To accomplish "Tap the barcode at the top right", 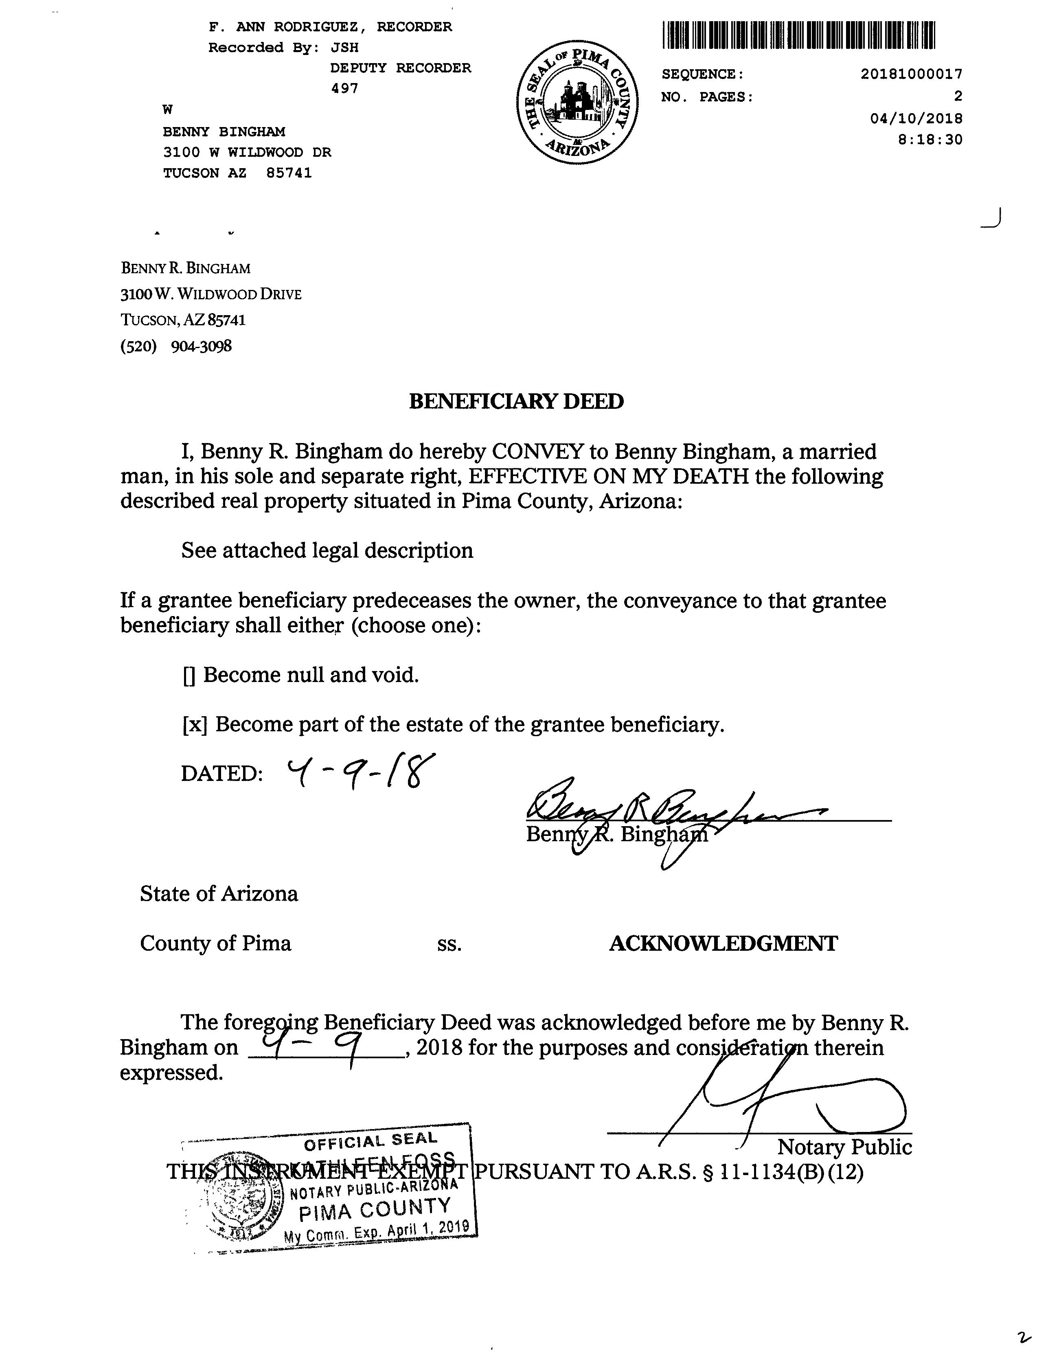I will (x=799, y=35).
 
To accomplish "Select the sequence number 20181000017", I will (x=911, y=74).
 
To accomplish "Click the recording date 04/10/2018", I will (x=916, y=118).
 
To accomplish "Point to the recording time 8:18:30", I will (x=930, y=140).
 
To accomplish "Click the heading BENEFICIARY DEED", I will (x=516, y=402).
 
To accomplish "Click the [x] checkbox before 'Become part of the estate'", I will (x=195, y=725).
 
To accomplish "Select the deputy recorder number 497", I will (x=344, y=88).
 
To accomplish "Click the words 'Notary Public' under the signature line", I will (x=844, y=1147).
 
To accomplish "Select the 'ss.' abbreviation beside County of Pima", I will (x=449, y=944).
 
